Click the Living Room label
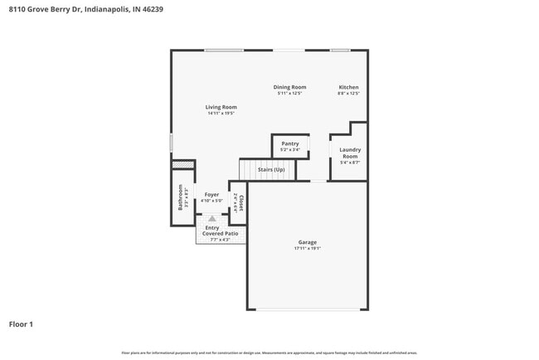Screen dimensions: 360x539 221,107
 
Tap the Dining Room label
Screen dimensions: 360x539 290,87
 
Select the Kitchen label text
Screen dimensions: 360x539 348,87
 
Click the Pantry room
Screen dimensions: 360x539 290,146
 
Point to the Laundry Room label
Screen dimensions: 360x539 350,153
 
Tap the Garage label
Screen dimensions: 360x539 307,242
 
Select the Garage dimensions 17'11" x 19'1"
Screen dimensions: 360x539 307,248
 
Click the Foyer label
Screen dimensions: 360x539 212,194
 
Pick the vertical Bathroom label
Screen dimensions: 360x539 181,197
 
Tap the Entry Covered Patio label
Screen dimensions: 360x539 220,231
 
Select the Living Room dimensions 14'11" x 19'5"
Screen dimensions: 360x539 221,114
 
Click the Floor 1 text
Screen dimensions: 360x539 21,324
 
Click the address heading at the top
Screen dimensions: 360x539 80,11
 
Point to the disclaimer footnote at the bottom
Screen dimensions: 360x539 269,353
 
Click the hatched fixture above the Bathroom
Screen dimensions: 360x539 182,165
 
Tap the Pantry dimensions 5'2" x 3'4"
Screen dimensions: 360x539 290,150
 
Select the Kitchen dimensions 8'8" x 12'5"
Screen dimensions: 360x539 348,94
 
